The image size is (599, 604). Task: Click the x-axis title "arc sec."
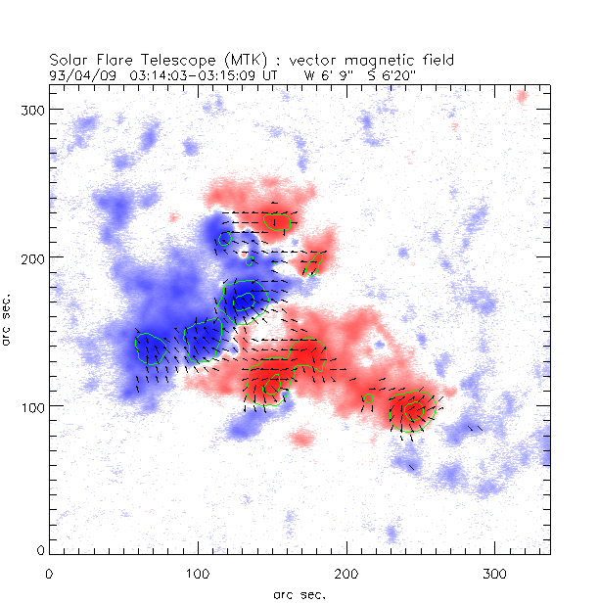pyautogui.click(x=299, y=593)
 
